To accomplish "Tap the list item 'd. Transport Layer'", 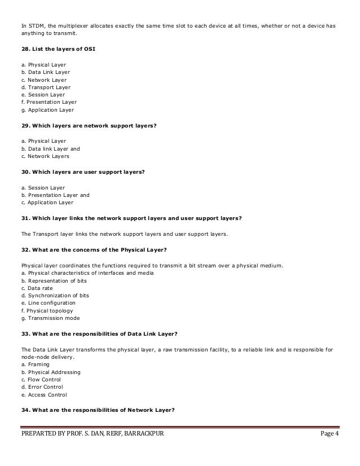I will (x=46, y=87).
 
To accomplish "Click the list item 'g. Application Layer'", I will (x=47, y=110).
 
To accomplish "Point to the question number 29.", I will (x=26, y=126).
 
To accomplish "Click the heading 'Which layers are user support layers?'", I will (x=89, y=172).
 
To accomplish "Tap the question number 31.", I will (x=26, y=218).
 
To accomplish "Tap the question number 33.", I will (x=26, y=333).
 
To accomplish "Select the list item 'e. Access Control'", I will (x=44, y=395).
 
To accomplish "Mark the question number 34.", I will (x=26, y=410).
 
